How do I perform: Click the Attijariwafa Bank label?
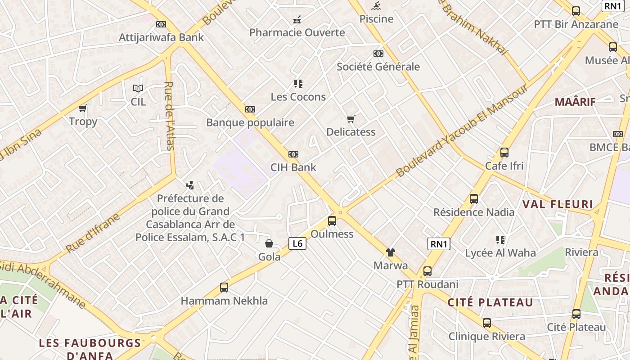[x=161, y=37]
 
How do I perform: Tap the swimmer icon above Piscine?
[x=376, y=6]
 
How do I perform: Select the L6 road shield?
[x=297, y=243]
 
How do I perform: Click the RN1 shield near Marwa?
[x=439, y=244]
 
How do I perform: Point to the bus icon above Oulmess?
[x=332, y=220]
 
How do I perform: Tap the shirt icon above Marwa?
[x=390, y=252]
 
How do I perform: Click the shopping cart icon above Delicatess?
[x=351, y=119]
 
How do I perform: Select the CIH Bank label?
[x=293, y=167]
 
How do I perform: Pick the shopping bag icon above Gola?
[x=269, y=243]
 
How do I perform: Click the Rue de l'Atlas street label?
[x=170, y=116]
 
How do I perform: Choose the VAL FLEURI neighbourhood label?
[x=558, y=204]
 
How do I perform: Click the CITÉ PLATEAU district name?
[x=490, y=302]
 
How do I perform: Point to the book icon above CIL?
[x=138, y=89]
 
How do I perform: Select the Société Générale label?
[x=378, y=67]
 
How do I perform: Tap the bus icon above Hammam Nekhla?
[x=224, y=287]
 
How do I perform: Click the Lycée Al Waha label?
[x=500, y=253]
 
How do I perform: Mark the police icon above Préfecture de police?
[x=190, y=185]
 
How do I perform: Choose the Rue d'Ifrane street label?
[x=93, y=233]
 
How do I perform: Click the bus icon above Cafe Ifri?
[x=504, y=153]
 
